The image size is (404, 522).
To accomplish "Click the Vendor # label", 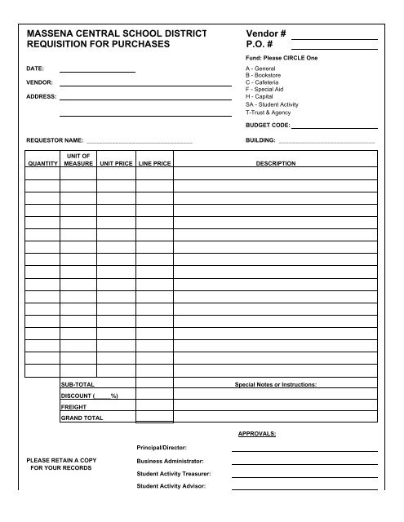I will coord(265,32).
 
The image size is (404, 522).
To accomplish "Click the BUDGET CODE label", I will coord(267,126).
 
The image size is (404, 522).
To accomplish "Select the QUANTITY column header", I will coord(42,163).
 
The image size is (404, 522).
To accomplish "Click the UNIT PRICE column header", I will coord(116,163).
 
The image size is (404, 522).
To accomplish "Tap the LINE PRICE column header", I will coord(154,163).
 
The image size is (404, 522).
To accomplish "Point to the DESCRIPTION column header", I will coord(276,163).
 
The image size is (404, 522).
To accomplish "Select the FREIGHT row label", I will coord(73,406).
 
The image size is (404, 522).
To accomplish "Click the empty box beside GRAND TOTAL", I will coord(154,418).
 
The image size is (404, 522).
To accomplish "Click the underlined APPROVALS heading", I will coord(256,435).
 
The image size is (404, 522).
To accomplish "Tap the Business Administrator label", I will coord(170,461).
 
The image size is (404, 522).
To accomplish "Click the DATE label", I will coord(35,69).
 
